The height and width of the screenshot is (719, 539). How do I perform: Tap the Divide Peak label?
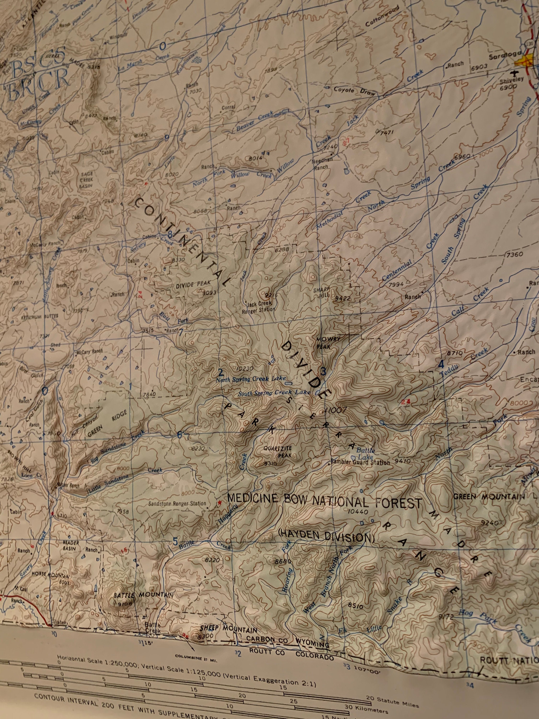coord(193,284)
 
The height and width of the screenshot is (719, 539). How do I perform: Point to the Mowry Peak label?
coord(328,342)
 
